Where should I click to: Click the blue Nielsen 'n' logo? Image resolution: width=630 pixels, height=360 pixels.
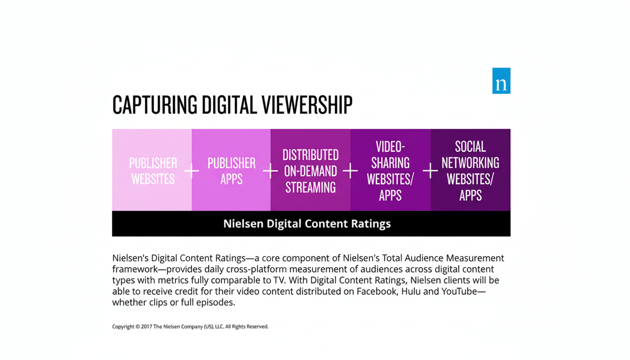tap(501, 81)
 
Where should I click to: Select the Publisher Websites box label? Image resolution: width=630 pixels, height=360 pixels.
tap(153, 171)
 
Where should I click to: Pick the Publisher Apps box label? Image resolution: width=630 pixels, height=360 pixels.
tap(232, 171)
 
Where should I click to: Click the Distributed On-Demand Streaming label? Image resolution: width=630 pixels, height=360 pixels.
tap(310, 171)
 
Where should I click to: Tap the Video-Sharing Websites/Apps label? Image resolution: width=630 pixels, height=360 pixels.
tap(390, 171)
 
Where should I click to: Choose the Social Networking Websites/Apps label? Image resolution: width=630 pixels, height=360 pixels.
tap(470, 171)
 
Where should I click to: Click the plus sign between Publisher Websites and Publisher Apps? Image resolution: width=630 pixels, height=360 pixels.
tap(191, 171)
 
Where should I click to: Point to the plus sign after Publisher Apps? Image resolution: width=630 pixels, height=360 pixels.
tap(270, 171)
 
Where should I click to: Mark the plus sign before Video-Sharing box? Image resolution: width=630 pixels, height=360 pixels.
tap(350, 171)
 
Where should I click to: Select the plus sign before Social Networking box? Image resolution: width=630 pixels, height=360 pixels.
tap(430, 171)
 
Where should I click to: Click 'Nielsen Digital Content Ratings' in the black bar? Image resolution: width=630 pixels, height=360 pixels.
tap(307, 224)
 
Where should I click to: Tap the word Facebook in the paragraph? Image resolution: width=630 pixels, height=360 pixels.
tap(376, 291)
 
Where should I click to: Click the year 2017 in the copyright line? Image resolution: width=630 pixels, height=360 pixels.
tap(146, 327)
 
